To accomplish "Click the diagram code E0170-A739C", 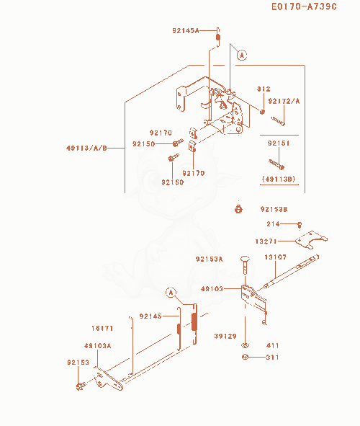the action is pyautogui.click(x=304, y=6).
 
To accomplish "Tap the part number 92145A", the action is pyautogui.click(x=186, y=31).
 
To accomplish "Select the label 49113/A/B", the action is pyautogui.click(x=87, y=148).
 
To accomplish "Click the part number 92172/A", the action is pyautogui.click(x=284, y=102).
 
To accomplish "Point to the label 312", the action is pyautogui.click(x=264, y=89).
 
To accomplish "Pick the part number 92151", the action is pyautogui.click(x=279, y=143).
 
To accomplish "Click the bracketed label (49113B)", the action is pyautogui.click(x=279, y=179).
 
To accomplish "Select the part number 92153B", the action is pyautogui.click(x=274, y=209).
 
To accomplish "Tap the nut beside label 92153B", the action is pyautogui.click(x=238, y=209).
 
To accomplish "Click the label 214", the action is pyautogui.click(x=273, y=224).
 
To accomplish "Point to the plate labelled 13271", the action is pyautogui.click(x=311, y=239).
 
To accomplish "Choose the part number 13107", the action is pyautogui.click(x=275, y=257).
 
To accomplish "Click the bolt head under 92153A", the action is pyautogui.click(x=245, y=258).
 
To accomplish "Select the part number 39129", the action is pyautogui.click(x=225, y=336).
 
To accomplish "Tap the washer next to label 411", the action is pyautogui.click(x=245, y=345).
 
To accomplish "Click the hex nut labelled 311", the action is pyautogui.click(x=245, y=357).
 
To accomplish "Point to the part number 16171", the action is pyautogui.click(x=102, y=328).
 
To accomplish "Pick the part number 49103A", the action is pyautogui.click(x=97, y=346).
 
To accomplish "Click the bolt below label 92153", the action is pyautogui.click(x=81, y=386).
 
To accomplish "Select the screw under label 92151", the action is pyautogui.click(x=276, y=164).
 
